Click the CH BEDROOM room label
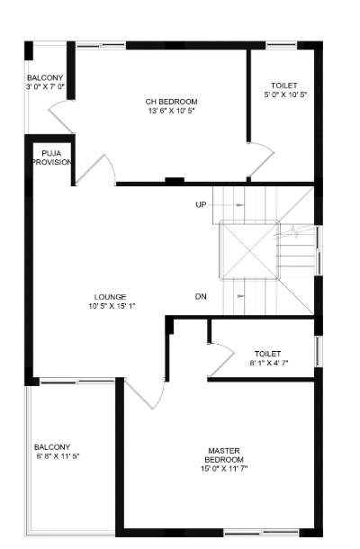pos(171,101)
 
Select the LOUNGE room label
pos(110,296)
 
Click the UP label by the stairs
pos(201,205)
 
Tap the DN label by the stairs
pos(201,296)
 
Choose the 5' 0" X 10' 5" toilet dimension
pos(284,94)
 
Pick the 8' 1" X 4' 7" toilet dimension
pos(268,363)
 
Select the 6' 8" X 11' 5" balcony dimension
pos(58,456)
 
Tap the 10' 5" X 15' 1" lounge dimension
pos(111,306)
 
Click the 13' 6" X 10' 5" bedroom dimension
pos(171,111)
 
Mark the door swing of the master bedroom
pos(144,393)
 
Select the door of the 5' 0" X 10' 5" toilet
pos(261,162)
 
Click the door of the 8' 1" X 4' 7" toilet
pos(220,358)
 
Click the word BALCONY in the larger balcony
pos(52,446)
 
